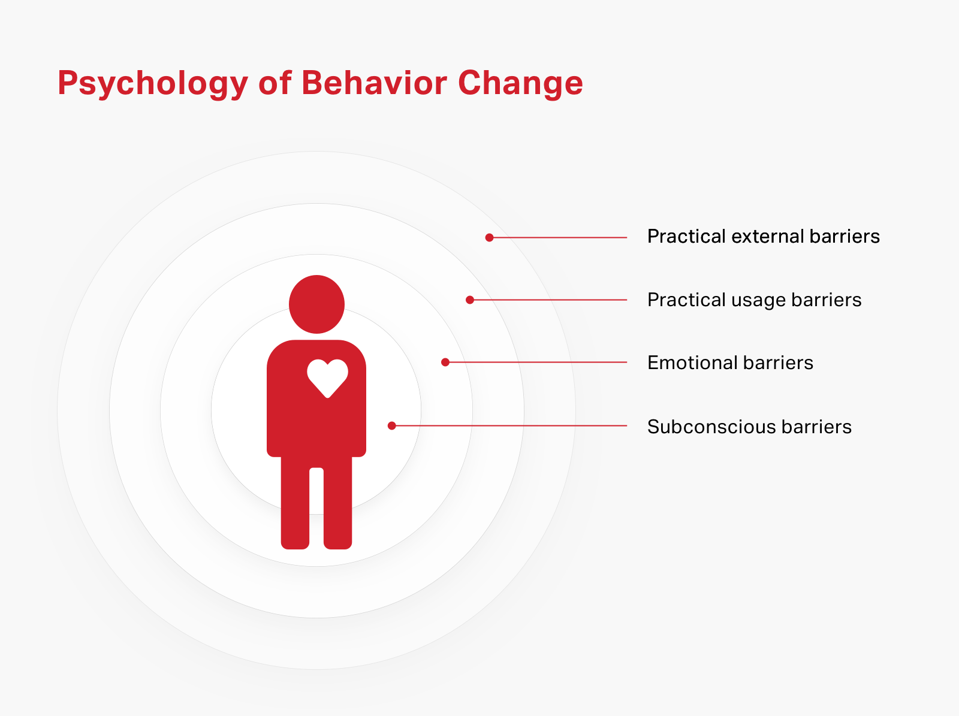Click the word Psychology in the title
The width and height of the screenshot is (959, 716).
pyautogui.click(x=153, y=84)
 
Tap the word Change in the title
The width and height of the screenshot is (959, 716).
pyautogui.click(x=520, y=84)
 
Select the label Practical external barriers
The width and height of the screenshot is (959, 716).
pyautogui.click(x=763, y=237)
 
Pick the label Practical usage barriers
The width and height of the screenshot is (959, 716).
pyautogui.click(x=755, y=300)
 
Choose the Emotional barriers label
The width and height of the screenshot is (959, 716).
pyautogui.click(x=730, y=363)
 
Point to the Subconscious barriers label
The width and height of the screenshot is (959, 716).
pyautogui.click(x=749, y=427)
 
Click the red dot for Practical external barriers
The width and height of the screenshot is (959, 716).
pyautogui.click(x=489, y=237)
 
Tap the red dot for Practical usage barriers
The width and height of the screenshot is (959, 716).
pyautogui.click(x=470, y=300)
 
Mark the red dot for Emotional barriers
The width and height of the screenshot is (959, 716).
pyautogui.click(x=445, y=362)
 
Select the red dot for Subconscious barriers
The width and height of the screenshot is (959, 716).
pyautogui.click(x=392, y=425)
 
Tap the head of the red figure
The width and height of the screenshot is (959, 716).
pyautogui.click(x=316, y=304)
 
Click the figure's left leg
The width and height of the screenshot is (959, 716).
pyautogui.click(x=295, y=502)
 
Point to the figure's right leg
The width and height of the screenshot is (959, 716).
pyautogui.click(x=337, y=502)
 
